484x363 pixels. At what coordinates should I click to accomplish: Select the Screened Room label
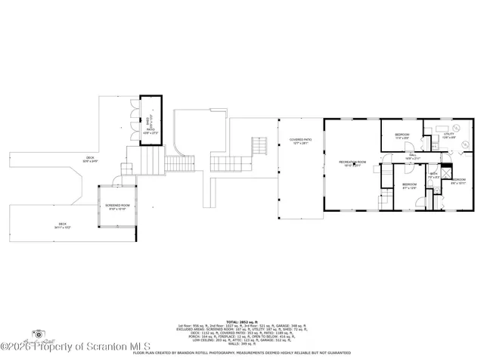[116, 207]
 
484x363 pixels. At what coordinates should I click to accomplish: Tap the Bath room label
[434, 175]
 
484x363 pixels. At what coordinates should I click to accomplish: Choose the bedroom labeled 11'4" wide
[402, 136]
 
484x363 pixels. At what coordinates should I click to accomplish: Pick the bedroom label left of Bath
[409, 186]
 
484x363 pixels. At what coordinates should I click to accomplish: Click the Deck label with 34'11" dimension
[63, 225]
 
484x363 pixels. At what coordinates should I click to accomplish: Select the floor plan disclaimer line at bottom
[241, 352]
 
